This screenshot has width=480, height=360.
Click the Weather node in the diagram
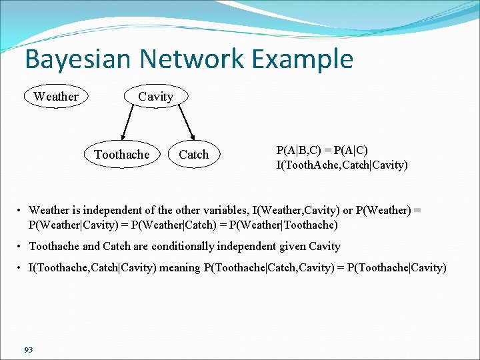pos(56,97)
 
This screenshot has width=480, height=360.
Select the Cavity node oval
pos(155,97)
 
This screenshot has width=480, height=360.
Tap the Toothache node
pos(122,155)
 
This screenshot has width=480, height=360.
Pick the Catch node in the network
pos(193,155)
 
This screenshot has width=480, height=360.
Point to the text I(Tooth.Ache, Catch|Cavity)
pos(342,165)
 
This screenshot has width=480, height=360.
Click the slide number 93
pos(28,350)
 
